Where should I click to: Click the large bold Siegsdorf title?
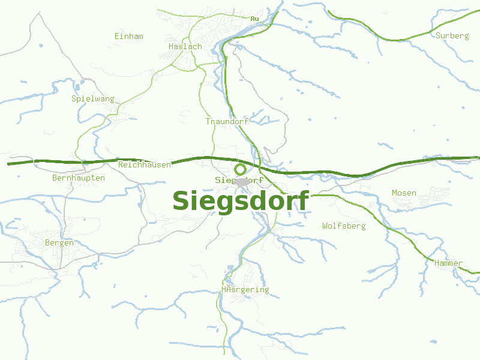(241, 200)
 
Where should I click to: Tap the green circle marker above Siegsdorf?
(240, 169)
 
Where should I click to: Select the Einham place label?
(128, 37)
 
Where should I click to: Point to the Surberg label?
(452, 36)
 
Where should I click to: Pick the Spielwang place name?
(92, 98)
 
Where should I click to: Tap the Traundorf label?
(227, 121)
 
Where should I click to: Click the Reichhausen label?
(145, 164)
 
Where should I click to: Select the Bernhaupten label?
(79, 178)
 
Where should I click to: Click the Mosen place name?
(404, 193)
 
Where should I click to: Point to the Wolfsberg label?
(344, 226)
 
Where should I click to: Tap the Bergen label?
(59, 243)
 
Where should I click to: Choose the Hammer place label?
(448, 263)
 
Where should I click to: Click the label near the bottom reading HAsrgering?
(245, 290)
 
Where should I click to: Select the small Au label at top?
(255, 19)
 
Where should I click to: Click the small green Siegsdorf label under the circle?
(239, 180)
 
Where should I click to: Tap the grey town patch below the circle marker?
(242, 182)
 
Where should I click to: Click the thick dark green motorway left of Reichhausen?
(60, 162)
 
